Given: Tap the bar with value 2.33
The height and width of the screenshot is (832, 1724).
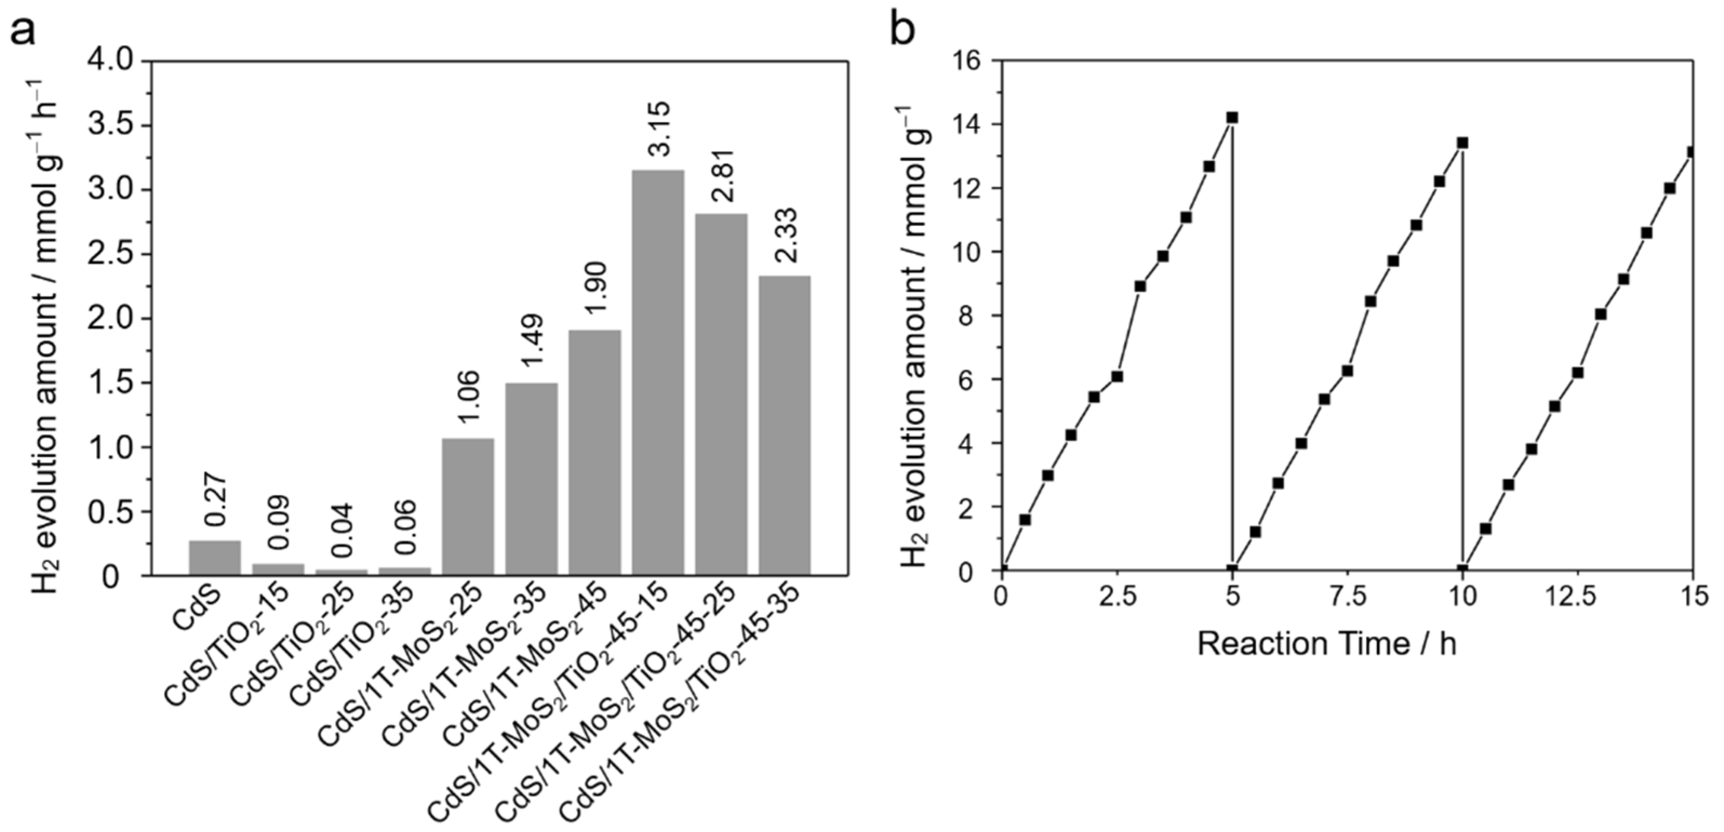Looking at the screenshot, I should pos(784,425).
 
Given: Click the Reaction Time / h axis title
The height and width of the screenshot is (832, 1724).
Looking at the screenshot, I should pos(1326,644).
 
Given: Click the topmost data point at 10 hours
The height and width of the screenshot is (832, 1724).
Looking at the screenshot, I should pos(1463,143).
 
